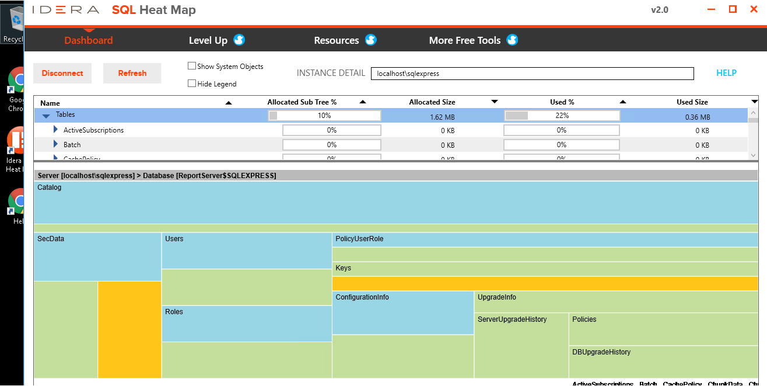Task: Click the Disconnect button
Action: [62, 73]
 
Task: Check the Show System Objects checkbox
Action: [192, 66]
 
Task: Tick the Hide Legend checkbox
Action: [192, 84]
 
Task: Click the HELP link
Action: [726, 73]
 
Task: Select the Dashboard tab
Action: [89, 40]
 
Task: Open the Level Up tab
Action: [208, 40]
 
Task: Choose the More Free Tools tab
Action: [465, 40]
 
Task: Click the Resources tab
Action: [337, 40]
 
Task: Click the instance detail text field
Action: [532, 74]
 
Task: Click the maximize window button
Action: [733, 9]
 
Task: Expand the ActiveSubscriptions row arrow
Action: [56, 130]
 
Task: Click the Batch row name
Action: [72, 145]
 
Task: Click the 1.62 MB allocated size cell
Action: [442, 117]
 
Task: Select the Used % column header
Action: [562, 102]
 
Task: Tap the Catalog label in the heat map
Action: [50, 188]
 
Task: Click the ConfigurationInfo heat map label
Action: [362, 297]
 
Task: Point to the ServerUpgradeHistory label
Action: [512, 319]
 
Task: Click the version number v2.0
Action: [659, 10]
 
